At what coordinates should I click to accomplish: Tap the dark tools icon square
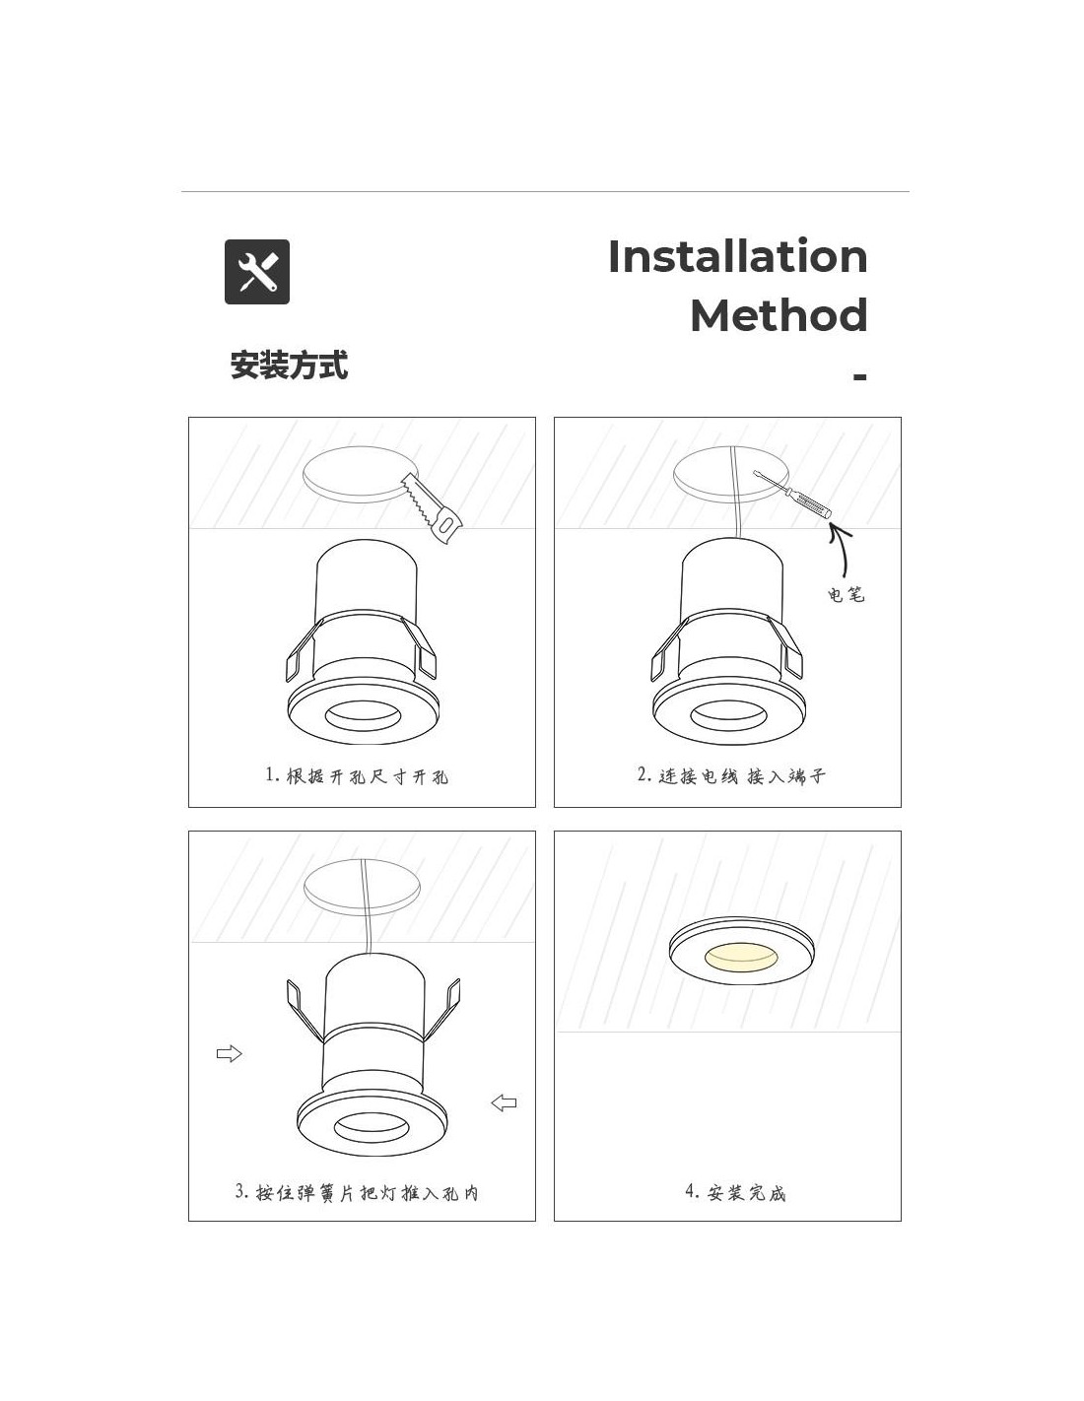click(256, 272)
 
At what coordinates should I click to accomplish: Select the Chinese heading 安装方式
click(289, 365)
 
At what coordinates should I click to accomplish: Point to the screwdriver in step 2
click(792, 496)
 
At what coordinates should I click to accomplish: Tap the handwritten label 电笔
click(846, 594)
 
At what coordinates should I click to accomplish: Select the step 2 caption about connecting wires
click(730, 775)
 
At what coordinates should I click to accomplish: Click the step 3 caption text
click(357, 1192)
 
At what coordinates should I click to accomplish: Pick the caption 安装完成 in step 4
click(735, 1192)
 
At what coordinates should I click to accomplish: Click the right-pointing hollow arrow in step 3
click(229, 1054)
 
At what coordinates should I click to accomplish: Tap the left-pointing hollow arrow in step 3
click(504, 1103)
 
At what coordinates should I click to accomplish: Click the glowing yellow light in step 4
click(741, 956)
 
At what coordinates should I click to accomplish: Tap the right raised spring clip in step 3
click(444, 1010)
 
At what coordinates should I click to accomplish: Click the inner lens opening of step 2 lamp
click(728, 715)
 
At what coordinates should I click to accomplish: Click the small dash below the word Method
click(859, 376)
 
